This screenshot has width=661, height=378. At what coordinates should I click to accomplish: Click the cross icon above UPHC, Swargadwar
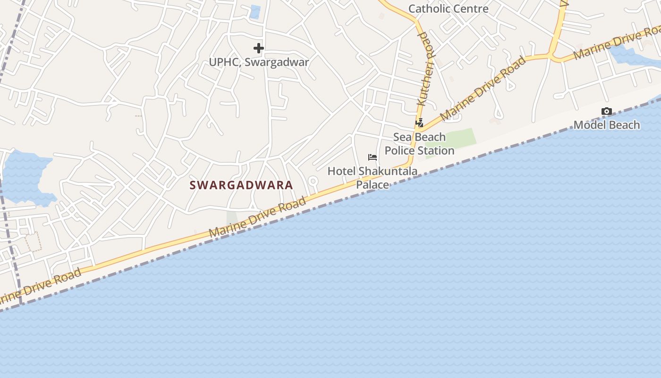[x=258, y=48]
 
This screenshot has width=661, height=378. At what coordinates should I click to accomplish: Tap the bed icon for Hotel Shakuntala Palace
[x=373, y=157]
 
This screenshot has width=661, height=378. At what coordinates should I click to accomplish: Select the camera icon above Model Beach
[x=607, y=112]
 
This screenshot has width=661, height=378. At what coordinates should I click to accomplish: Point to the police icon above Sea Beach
[x=419, y=123]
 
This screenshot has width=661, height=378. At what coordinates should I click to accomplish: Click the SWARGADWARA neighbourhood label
[x=241, y=185]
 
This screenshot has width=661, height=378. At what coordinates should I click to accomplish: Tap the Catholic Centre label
[x=448, y=9]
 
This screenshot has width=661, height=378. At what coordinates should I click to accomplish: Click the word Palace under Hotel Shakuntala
[x=372, y=184]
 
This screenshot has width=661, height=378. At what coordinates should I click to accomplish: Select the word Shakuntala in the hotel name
[x=388, y=171]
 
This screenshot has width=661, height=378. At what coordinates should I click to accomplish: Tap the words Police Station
[x=419, y=151]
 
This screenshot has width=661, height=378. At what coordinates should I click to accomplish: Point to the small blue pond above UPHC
[x=255, y=12]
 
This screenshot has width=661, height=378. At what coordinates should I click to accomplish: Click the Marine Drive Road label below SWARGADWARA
[x=257, y=218]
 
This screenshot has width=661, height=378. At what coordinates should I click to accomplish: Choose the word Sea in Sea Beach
[x=403, y=137]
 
